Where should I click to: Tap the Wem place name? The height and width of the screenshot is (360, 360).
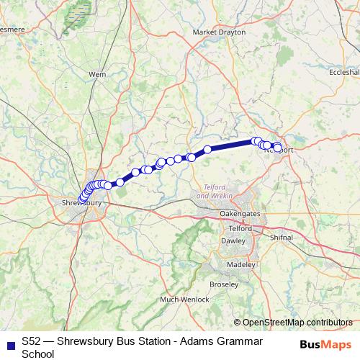click(97, 74)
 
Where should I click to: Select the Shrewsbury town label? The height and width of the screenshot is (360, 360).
click(81, 202)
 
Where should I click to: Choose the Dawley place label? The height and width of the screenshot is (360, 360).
click(234, 240)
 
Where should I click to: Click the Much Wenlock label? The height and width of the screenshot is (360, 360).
click(184, 299)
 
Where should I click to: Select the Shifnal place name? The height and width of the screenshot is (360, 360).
click(280, 237)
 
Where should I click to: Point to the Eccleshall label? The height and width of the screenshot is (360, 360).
click(344, 73)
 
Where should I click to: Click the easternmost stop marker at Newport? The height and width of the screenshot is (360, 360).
click(277, 148)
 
